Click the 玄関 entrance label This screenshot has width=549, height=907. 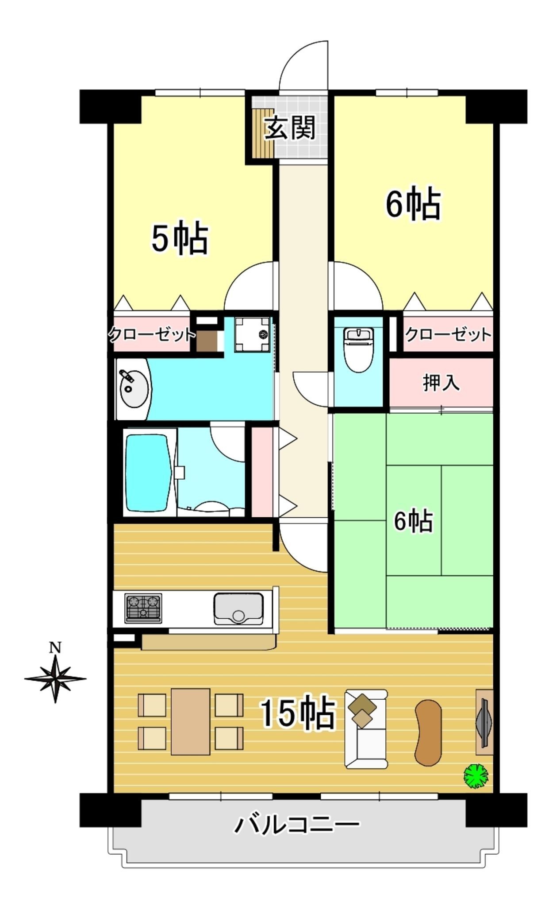290,128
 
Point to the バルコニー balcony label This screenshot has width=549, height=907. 296,824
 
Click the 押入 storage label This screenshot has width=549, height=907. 441,383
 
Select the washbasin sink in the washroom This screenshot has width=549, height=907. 134,388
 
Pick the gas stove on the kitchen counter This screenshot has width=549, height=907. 143,608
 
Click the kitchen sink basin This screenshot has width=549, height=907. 238,609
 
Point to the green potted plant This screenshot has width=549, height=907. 476,775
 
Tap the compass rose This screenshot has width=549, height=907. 55,678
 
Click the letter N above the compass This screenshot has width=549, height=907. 55,648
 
